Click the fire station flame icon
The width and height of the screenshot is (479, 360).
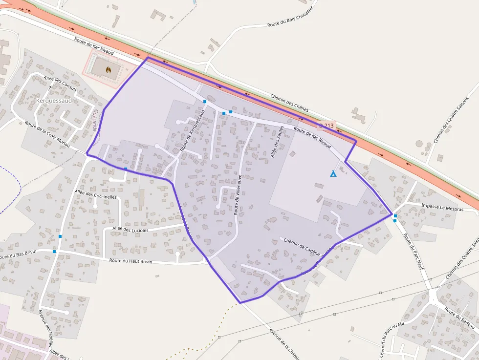pos(108,70)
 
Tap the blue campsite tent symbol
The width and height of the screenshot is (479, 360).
pos(333,173)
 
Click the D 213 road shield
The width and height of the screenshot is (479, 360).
pos(328,126)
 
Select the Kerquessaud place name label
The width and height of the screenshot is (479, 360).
pos(54,101)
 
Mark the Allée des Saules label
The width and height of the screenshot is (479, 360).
pos(277,142)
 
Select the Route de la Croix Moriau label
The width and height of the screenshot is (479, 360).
pos(48,134)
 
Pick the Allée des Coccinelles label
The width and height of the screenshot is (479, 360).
pos(96,195)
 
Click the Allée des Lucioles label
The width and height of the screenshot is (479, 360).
pos(131,229)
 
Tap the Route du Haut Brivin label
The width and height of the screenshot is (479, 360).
pos(131,261)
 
